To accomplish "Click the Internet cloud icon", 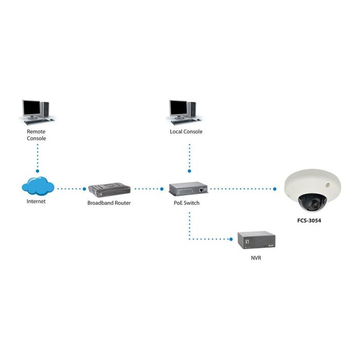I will pyautogui.click(x=38, y=186).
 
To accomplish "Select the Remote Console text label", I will pyautogui.click(x=36, y=135).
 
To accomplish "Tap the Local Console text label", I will pyautogui.click(x=186, y=132).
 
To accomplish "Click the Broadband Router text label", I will pyautogui.click(x=109, y=203).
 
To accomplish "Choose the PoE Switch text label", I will pyautogui.click(x=186, y=203).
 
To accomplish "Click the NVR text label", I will pyautogui.click(x=256, y=257).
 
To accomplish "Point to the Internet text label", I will pyautogui.click(x=36, y=202).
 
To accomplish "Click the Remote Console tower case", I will pyautogui.click(x=45, y=109).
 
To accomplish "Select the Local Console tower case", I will pyautogui.click(x=192, y=109).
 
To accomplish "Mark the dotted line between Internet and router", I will pyautogui.click(x=70, y=189).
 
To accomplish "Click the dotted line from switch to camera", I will pyautogui.click(x=242, y=189).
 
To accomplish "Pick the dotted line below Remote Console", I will pyautogui.click(x=38, y=157).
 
